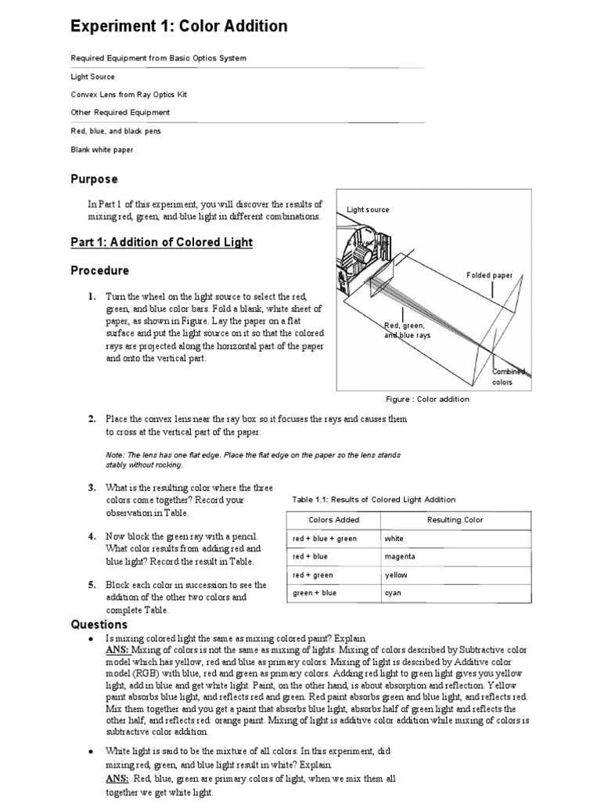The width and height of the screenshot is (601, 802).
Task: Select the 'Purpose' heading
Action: [94, 179]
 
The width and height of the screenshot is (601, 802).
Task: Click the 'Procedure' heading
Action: [100, 271]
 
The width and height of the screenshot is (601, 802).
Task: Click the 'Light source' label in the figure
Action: [368, 210]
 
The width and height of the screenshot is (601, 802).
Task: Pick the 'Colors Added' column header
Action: [334, 520]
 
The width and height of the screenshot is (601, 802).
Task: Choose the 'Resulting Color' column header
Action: [455, 520]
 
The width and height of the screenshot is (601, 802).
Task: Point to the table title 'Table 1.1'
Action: [373, 500]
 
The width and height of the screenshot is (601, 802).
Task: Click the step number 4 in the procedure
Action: [92, 536]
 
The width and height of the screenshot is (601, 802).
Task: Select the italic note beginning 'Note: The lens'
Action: [253, 459]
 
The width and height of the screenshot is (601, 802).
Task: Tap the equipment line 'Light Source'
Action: [92, 77]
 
